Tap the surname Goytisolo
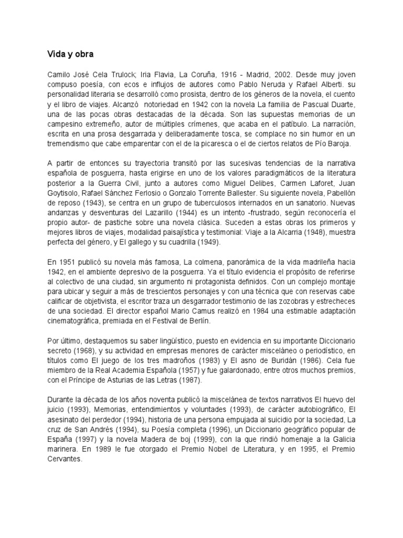point(62,194)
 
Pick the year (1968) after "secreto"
point(84,351)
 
